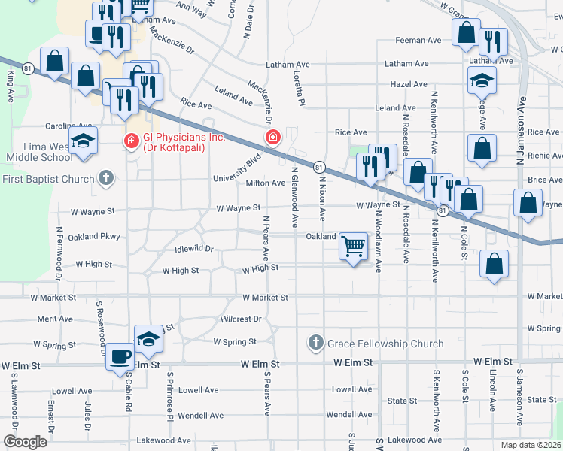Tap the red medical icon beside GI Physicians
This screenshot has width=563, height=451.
(x=131, y=140)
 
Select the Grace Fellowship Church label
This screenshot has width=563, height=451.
(x=385, y=344)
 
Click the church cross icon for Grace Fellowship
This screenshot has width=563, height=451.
(x=315, y=344)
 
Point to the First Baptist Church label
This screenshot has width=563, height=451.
(x=48, y=178)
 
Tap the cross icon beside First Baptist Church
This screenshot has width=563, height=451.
(x=106, y=178)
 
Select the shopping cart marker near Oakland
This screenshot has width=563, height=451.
(x=353, y=245)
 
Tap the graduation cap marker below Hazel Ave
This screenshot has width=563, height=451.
(x=481, y=80)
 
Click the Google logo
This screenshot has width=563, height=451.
(x=25, y=442)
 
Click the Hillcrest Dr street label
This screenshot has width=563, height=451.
(x=241, y=319)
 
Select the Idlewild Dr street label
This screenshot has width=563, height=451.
(x=194, y=248)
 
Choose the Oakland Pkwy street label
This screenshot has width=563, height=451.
(x=94, y=237)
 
